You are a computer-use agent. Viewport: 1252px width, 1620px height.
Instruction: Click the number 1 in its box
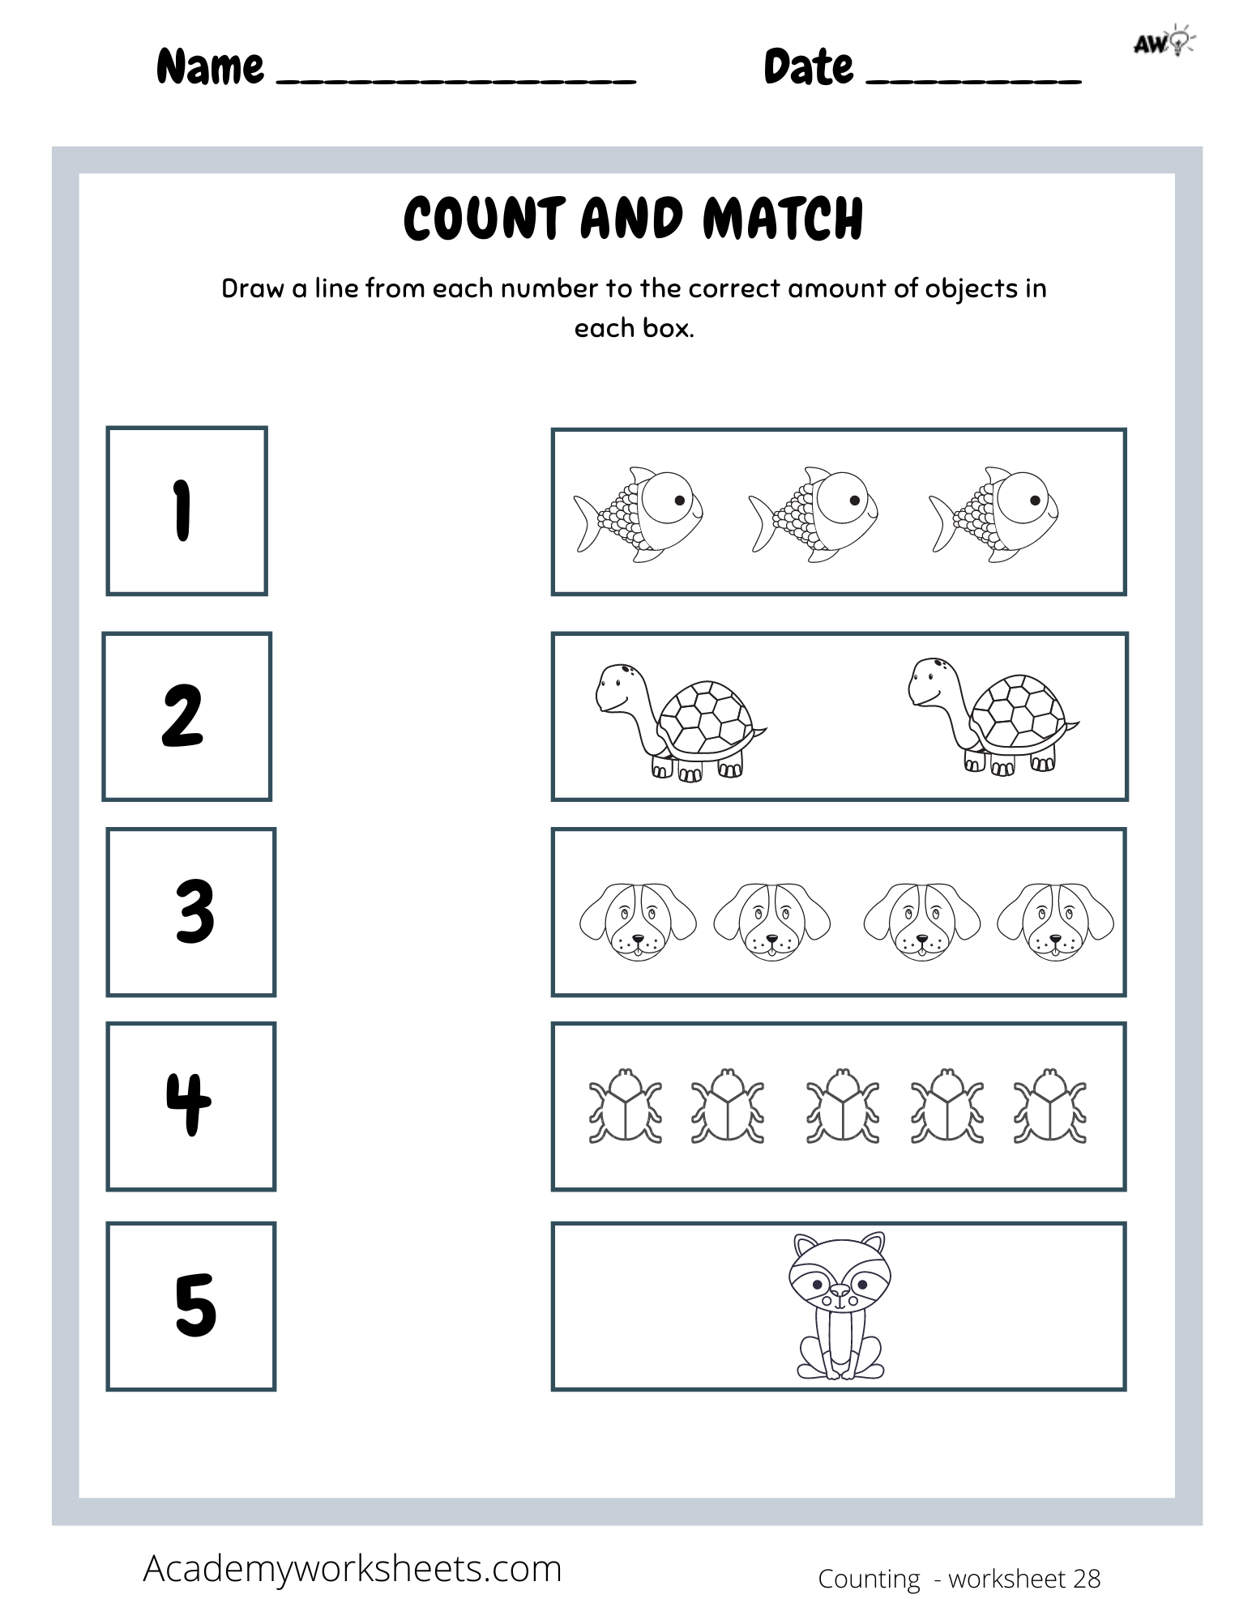(183, 510)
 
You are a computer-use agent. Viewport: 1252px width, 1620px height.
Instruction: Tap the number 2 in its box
(182, 717)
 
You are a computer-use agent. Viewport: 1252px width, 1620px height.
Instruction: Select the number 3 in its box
(194, 912)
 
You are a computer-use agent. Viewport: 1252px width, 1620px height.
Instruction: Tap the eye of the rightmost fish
(1034, 500)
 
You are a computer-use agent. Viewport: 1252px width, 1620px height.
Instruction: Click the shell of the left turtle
(702, 717)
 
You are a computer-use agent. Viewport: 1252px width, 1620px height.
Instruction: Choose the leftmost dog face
(638, 922)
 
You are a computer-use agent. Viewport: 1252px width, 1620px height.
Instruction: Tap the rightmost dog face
(1055, 922)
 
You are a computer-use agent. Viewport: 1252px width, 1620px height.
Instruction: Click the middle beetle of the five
(843, 1106)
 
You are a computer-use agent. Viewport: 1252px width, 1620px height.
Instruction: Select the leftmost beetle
(625, 1106)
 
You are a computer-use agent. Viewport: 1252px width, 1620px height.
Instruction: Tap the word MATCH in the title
(783, 219)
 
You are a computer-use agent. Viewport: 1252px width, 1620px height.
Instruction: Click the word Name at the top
(210, 67)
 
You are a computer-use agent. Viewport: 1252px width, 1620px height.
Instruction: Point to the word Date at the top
(808, 67)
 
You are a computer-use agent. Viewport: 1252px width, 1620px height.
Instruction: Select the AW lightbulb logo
(1164, 42)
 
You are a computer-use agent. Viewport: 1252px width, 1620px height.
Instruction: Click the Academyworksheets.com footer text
(353, 1569)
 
